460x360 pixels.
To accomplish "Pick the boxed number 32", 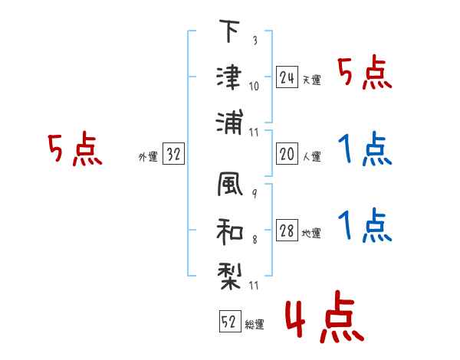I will (173, 155).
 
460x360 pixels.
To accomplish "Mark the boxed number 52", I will (229, 322).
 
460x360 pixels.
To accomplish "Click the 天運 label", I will (311, 80).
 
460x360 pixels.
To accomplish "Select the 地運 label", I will (311, 234).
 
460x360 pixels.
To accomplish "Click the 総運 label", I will (254, 325).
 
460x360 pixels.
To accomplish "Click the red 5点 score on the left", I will (74, 149).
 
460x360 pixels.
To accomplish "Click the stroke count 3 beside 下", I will (255, 41).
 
